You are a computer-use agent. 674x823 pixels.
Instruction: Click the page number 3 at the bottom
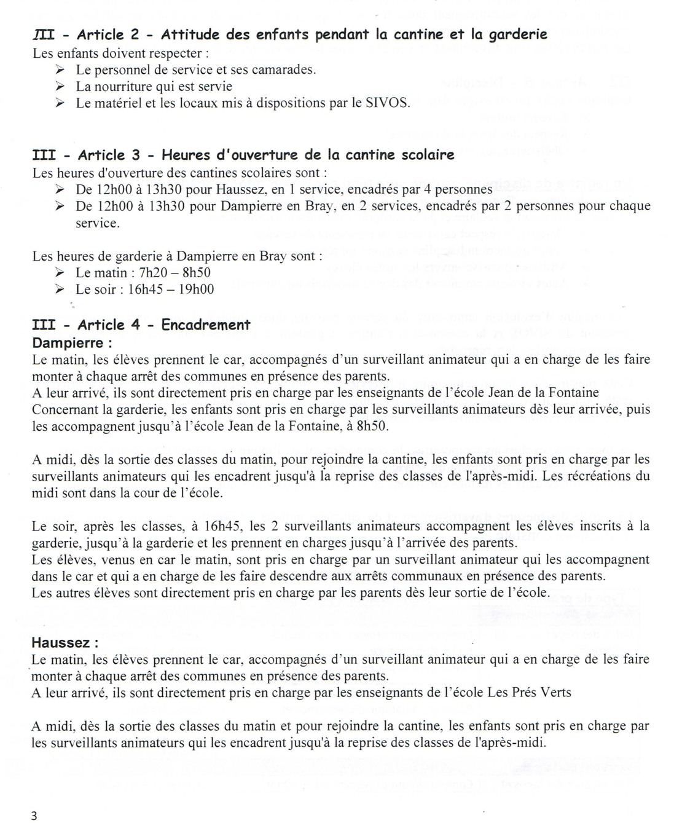point(34,815)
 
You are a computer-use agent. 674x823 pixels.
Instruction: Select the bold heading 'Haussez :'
point(65,643)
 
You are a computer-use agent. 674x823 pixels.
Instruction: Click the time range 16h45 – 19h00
point(171,289)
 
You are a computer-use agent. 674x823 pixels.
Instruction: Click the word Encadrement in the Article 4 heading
point(206,325)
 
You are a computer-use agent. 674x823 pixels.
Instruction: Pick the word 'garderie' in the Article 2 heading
point(517,34)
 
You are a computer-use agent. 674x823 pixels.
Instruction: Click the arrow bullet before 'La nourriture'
point(60,87)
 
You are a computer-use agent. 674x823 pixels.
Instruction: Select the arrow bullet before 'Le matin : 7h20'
point(60,273)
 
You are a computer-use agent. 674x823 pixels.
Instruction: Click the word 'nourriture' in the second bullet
point(127,87)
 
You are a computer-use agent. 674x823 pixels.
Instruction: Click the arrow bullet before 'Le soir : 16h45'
point(60,289)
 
